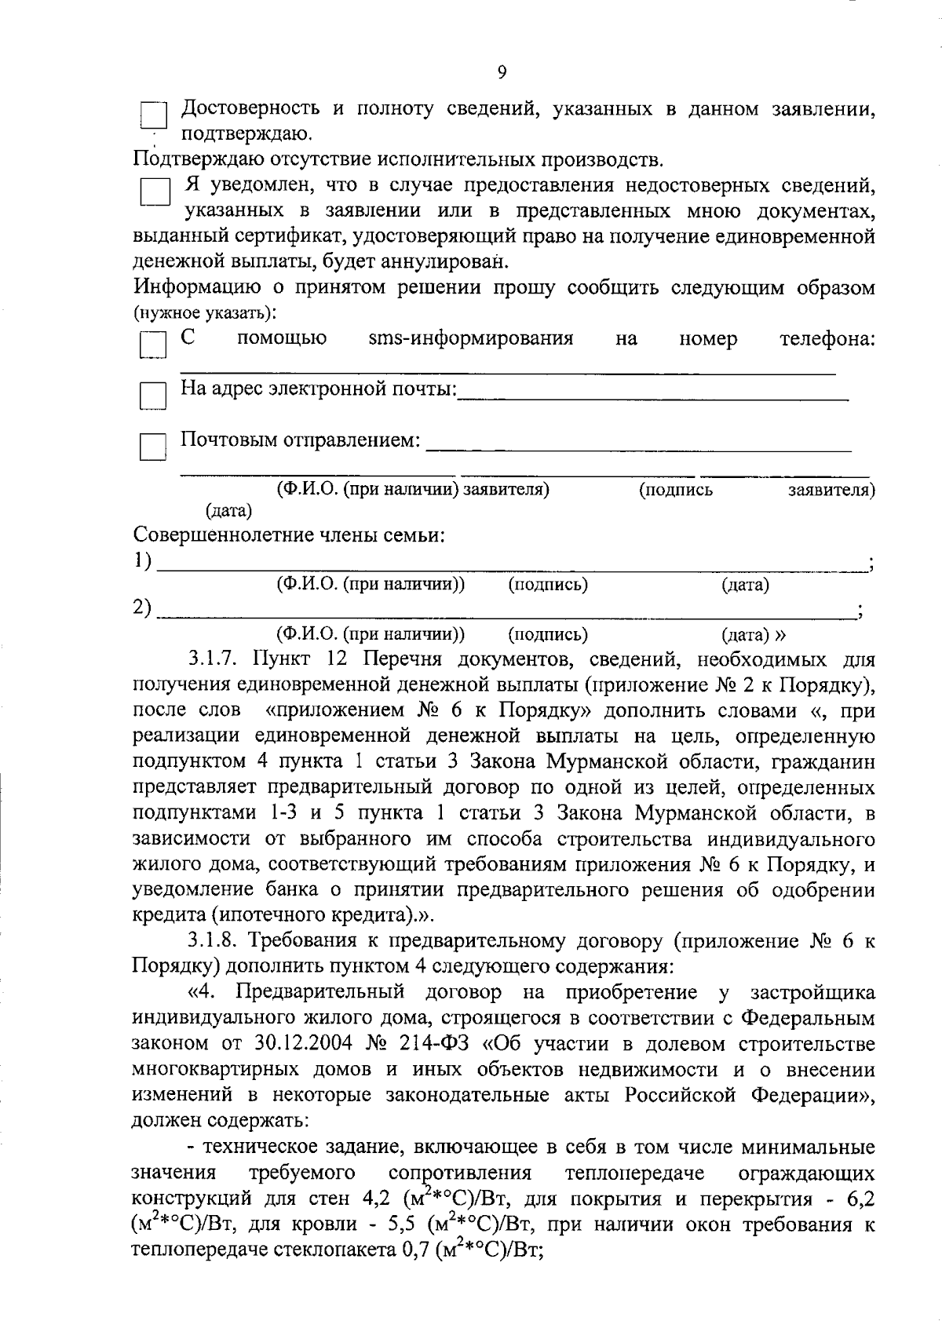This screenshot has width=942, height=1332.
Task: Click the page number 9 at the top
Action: [x=502, y=72]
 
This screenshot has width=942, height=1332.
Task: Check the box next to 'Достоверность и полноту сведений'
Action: [x=153, y=116]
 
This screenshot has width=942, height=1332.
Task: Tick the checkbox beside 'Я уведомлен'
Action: [x=155, y=192]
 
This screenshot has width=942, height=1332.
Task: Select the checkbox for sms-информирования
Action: [x=152, y=345]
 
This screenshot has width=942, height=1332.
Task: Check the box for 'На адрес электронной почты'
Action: [x=152, y=396]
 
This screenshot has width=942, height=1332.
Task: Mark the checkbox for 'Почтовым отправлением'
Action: [x=152, y=447]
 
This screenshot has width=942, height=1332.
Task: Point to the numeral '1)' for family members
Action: [x=142, y=560]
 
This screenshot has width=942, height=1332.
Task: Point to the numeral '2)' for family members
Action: [x=142, y=608]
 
